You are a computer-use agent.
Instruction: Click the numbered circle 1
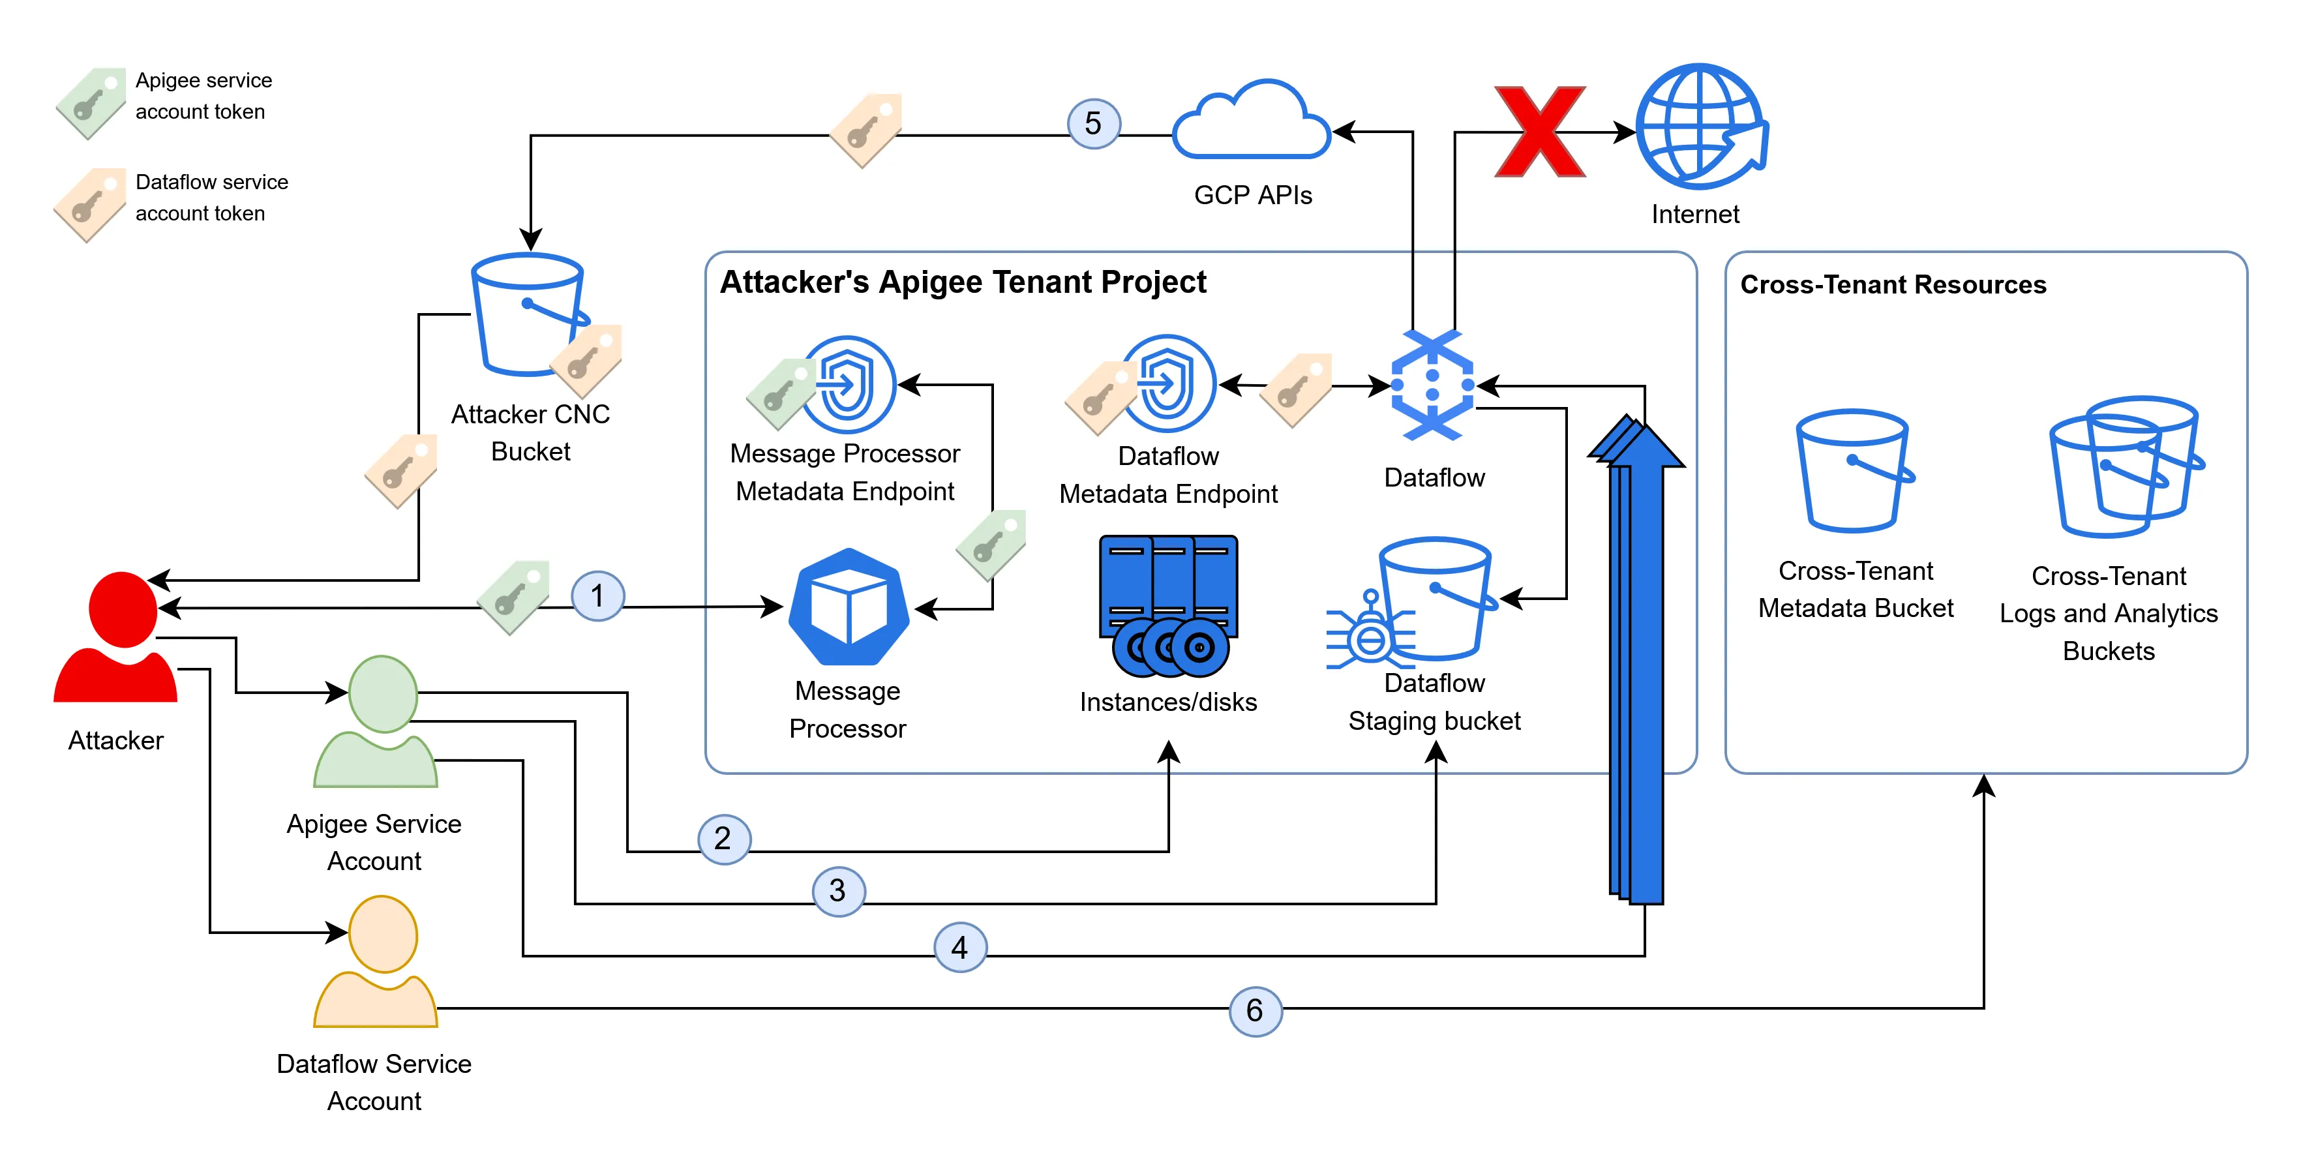click(x=597, y=596)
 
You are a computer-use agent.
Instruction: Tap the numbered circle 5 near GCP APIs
click(x=1093, y=123)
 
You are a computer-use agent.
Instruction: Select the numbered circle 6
click(x=1255, y=1010)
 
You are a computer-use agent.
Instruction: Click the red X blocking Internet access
click(x=1539, y=132)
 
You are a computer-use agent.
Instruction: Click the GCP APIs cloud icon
click(x=1252, y=123)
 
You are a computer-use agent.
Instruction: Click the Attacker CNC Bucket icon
click(x=529, y=314)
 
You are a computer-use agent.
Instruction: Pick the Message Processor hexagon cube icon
click(x=849, y=608)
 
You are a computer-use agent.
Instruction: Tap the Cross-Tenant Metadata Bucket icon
click(x=1854, y=471)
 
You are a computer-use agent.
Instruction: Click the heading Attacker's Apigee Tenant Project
click(x=962, y=282)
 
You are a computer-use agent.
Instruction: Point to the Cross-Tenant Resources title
click(x=1892, y=285)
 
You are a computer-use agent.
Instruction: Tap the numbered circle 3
click(x=837, y=891)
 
